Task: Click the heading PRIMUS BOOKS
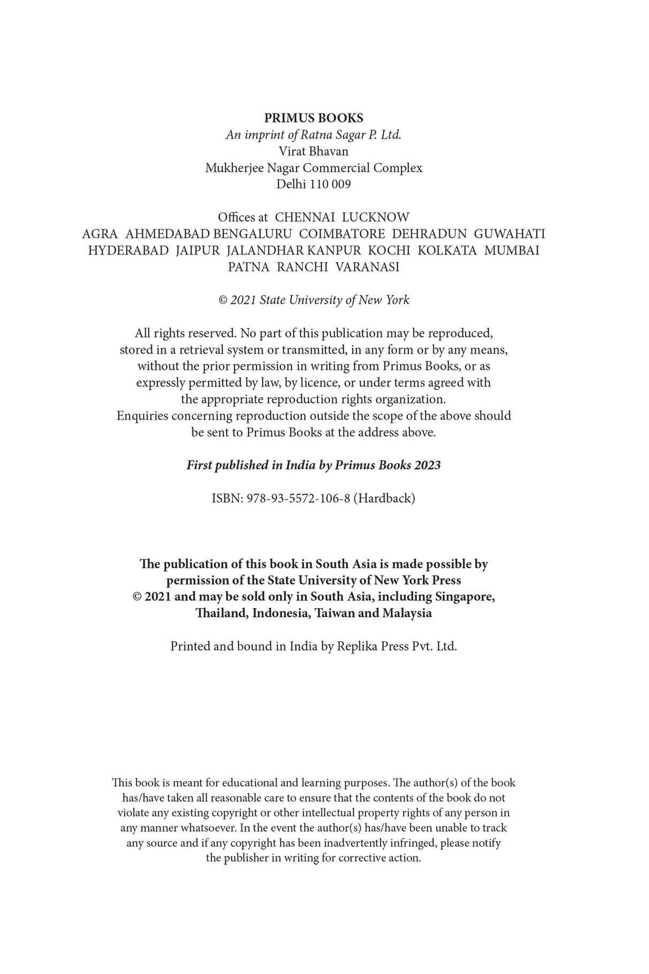pos(313,118)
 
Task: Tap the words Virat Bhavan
pos(313,151)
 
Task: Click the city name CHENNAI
pos(304,218)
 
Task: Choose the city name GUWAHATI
pos(509,234)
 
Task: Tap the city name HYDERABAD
pos(128,251)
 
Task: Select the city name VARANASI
pos(367,267)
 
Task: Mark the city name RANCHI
pos(302,267)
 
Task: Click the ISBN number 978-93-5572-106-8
pos(298,498)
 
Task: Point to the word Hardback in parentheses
pos(384,498)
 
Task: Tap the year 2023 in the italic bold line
pos(427,465)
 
